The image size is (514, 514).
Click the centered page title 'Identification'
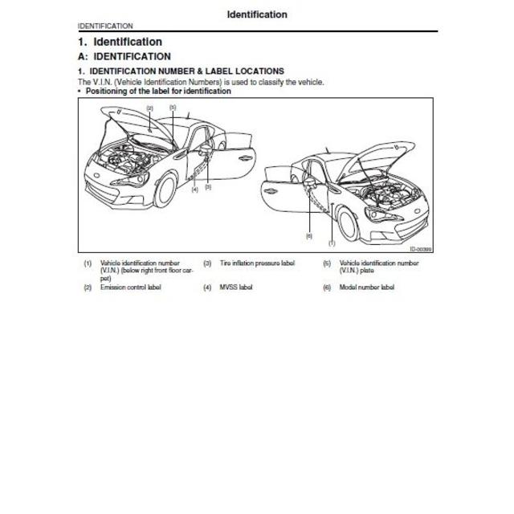click(x=256, y=14)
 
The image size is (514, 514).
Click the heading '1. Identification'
click(x=120, y=42)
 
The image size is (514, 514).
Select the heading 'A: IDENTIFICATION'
click(x=124, y=57)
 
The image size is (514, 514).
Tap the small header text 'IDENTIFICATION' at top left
click(x=105, y=27)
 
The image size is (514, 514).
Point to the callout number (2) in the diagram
click(x=149, y=107)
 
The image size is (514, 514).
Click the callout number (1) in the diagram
click(x=332, y=242)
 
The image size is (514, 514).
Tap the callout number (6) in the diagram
click(x=308, y=236)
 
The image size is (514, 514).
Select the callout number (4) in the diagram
click(x=194, y=190)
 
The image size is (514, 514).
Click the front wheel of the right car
click(x=349, y=226)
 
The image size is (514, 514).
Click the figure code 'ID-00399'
click(x=420, y=249)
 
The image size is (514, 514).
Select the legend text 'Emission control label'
click(x=130, y=288)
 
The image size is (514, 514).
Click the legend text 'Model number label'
click(x=366, y=288)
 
